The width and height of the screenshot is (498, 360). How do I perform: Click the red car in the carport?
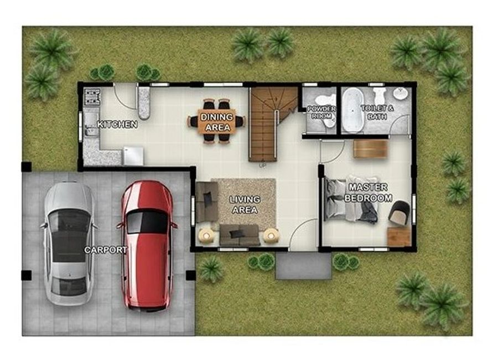147,245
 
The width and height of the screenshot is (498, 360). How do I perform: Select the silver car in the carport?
69,244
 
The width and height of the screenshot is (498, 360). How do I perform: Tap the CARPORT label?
106,250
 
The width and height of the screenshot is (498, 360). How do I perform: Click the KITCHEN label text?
117,124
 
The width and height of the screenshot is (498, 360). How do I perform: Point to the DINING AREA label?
217,122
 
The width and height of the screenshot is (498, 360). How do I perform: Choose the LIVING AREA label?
245,204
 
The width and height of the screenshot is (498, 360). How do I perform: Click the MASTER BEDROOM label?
368,192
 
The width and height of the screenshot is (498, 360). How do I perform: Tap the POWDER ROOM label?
321,112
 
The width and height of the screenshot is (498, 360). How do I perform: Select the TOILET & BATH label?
377,112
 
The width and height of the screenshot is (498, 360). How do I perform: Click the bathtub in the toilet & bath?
352,110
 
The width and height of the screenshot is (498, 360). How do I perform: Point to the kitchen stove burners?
92,97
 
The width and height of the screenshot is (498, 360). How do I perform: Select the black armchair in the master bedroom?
399,213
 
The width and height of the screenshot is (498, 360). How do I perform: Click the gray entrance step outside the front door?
304,265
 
